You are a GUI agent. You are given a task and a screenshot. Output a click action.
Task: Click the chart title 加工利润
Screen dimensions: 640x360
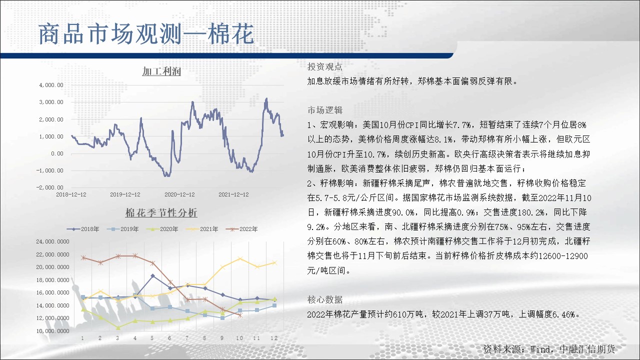pos(161,71)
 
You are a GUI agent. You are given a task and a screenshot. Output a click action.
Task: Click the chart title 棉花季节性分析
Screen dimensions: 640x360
pos(161,212)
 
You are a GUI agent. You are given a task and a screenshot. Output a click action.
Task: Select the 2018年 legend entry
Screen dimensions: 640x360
pos(83,229)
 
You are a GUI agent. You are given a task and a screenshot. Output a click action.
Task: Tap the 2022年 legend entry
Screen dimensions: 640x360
pos(241,229)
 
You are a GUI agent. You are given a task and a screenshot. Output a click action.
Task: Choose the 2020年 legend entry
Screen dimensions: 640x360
pos(162,229)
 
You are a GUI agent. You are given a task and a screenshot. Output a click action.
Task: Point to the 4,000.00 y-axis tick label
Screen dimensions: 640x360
pos(51,85)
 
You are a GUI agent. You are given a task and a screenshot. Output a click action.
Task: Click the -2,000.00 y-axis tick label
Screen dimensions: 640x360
pos(49,187)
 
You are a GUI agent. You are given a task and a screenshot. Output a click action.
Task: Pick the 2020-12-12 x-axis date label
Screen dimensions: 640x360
pos(179,194)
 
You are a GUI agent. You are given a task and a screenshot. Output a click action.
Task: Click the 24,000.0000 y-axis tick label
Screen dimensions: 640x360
pos(52,241)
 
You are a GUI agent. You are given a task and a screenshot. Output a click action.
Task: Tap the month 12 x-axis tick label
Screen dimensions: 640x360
pos(274,338)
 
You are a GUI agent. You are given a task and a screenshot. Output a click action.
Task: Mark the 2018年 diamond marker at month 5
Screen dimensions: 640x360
pos(152,276)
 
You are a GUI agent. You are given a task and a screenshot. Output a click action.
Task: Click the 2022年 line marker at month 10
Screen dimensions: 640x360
pos(240,315)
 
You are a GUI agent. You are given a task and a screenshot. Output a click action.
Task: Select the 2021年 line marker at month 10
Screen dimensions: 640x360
pos(240,259)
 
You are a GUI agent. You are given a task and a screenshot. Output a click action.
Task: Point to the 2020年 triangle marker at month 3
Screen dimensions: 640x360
pos(117,327)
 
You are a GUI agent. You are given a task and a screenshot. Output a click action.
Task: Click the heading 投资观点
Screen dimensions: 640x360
pos(325,67)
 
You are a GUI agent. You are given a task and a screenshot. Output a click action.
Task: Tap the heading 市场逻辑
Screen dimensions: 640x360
pos(325,110)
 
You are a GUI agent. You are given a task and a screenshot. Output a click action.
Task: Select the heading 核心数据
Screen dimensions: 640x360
pos(325,299)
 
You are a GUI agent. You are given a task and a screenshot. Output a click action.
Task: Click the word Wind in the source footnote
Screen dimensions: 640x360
pos(539,349)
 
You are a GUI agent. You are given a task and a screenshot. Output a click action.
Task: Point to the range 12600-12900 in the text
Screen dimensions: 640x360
pos(563,256)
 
